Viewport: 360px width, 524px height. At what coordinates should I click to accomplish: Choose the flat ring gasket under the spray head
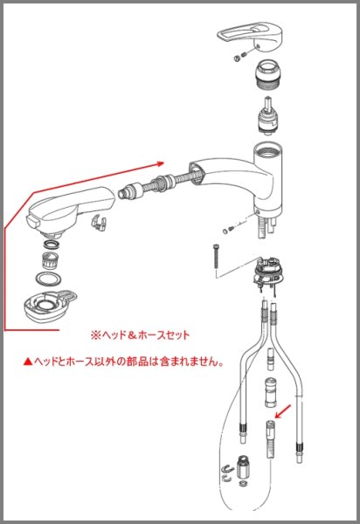pos(50,279)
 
